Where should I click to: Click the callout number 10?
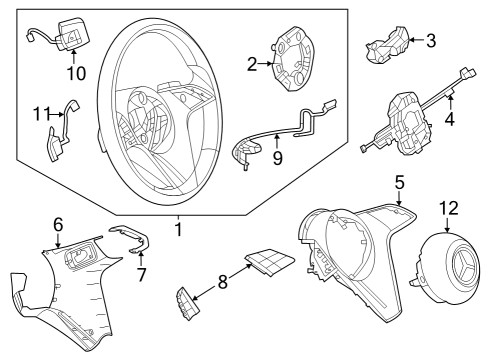pos(76,73)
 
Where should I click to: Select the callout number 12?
pos(449,208)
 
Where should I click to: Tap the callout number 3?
pos(431,41)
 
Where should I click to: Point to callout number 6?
pos(58,225)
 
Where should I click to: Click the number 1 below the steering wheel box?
pos(179,229)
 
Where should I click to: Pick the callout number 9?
pos(277,158)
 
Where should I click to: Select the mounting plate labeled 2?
pos(293,61)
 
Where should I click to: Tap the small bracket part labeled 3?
pos(388,44)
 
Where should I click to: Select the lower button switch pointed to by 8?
pos(188,304)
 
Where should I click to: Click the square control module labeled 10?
pos(71,34)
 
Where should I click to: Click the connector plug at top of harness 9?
pos(329,105)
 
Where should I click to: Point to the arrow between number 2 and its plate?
pos(266,63)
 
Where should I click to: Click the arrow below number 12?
pos(447,224)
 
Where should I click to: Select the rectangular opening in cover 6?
pos(81,256)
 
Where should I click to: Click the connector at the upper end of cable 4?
pos(468,74)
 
